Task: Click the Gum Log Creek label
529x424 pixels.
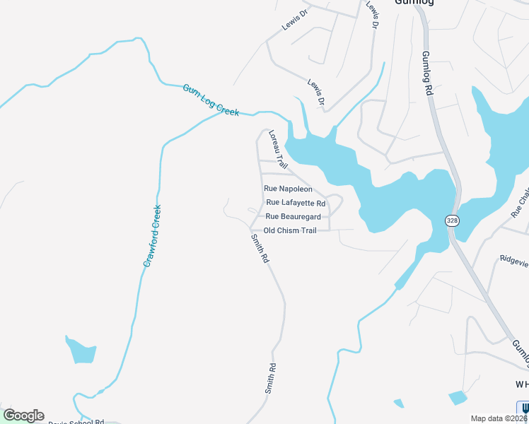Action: (x=211, y=100)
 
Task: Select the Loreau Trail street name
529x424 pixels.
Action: (x=278, y=148)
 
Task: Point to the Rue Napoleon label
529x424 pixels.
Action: (x=288, y=189)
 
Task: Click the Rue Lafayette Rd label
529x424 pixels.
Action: (x=296, y=203)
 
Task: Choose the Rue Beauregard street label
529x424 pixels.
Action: (x=293, y=216)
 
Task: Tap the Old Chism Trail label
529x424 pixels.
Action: (x=289, y=230)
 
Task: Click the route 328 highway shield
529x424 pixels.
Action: (x=452, y=221)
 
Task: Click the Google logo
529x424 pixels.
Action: (x=23, y=416)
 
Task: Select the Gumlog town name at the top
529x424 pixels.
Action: (x=413, y=2)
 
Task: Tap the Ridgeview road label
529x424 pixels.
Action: (x=513, y=259)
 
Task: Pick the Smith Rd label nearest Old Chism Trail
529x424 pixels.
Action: (x=260, y=249)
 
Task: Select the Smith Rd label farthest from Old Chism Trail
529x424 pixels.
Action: (x=270, y=378)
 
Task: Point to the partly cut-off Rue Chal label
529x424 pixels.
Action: (x=520, y=201)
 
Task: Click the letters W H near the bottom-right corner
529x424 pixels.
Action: (x=522, y=384)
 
